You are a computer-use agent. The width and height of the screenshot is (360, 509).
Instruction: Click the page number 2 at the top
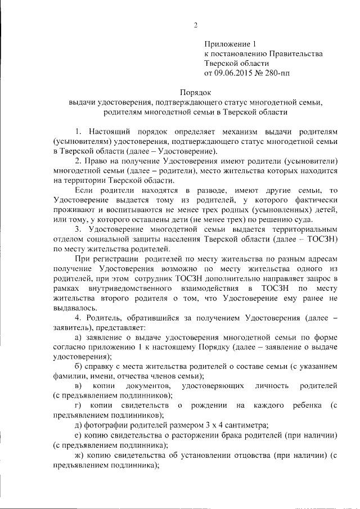[196, 25]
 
